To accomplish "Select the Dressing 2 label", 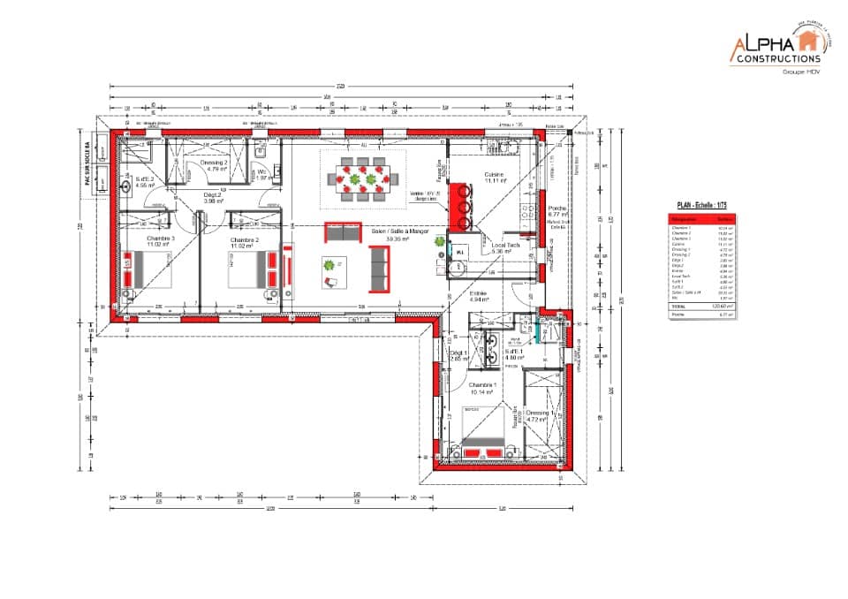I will tap(211, 165).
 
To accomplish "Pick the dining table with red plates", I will tap(360, 179).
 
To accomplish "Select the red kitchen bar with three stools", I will tap(458, 204).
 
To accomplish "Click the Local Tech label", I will tap(505, 247).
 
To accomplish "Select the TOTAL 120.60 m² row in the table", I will tap(701, 306).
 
